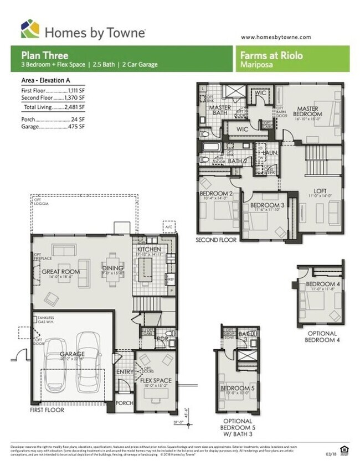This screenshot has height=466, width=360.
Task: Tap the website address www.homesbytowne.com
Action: (276, 37)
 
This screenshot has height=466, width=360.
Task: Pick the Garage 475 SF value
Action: (76, 126)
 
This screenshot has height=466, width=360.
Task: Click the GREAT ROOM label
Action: (60, 272)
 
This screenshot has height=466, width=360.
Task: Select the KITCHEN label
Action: (149, 250)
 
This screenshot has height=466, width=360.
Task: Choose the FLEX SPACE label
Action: (156, 380)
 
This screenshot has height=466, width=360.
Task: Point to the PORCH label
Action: (125, 403)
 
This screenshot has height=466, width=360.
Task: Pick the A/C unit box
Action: (168, 227)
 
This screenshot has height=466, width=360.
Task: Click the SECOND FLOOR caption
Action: (216, 240)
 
